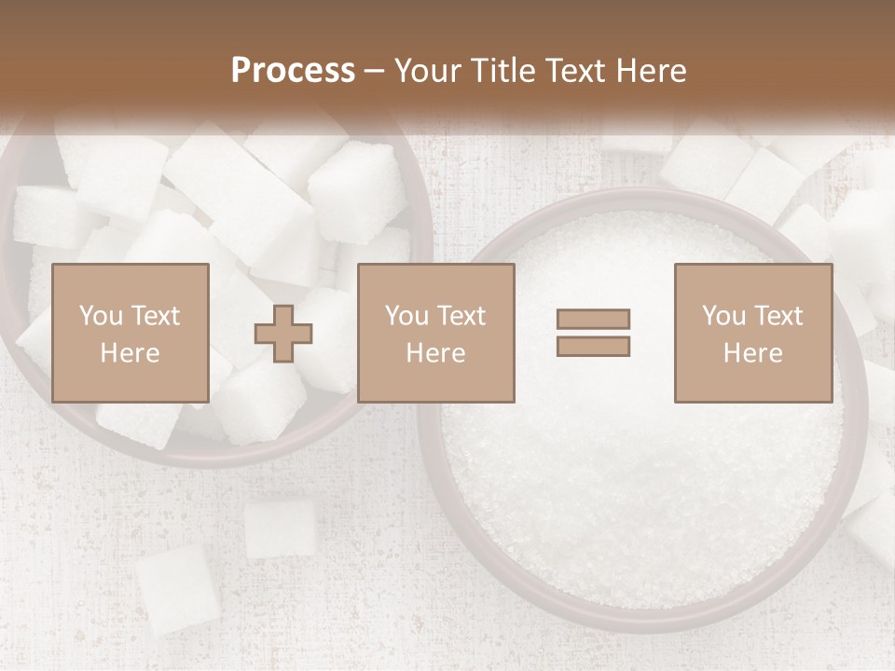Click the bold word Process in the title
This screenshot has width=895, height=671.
coord(293,71)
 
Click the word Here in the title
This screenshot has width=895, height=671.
coord(648,71)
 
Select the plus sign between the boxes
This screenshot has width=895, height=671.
coord(283,334)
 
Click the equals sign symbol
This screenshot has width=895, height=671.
coord(593,333)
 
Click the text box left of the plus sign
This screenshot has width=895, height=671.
coord(130,333)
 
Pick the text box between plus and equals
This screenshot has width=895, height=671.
coord(435,333)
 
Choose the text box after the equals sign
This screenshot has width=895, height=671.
coord(752,333)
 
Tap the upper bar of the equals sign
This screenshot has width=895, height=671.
coord(593,319)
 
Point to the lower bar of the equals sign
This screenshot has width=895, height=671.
coord(593,346)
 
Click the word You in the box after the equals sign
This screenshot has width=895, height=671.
coord(723,316)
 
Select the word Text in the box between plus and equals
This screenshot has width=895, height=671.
coord(461,316)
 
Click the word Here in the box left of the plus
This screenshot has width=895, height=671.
coord(130,353)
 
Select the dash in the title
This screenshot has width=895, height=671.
coord(375,72)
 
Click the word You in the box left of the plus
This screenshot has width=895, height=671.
coord(101,316)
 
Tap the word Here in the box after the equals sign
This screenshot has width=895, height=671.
coord(752,353)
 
